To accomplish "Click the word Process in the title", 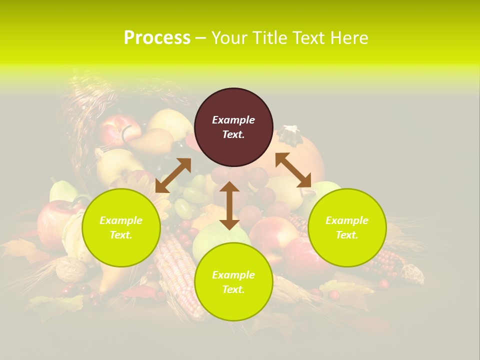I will click(x=157, y=38).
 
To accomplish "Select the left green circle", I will click(x=121, y=227).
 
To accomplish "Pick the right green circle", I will click(x=347, y=227).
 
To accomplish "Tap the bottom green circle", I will click(x=233, y=281).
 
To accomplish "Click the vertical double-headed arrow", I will click(x=229, y=205).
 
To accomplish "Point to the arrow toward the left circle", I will click(x=173, y=175).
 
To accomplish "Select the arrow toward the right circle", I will click(x=293, y=170).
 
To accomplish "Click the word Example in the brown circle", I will click(x=233, y=120).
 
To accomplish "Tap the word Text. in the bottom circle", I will click(x=233, y=289).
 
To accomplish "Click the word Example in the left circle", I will click(x=121, y=220).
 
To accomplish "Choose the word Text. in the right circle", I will click(x=347, y=235).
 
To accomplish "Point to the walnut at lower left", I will click(x=70, y=271).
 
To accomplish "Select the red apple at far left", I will click(x=52, y=222).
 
